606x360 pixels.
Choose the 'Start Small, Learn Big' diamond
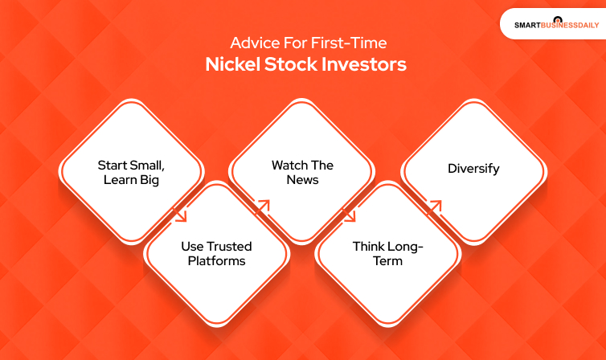click(x=130, y=171)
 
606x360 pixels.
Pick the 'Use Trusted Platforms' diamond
click(x=215, y=253)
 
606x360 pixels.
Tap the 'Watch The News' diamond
click(x=301, y=171)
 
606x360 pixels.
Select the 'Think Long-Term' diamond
click(x=387, y=253)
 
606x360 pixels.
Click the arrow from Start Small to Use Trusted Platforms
click(x=180, y=215)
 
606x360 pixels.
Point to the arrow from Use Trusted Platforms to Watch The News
click(x=264, y=207)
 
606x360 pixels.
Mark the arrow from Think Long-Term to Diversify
click(x=435, y=207)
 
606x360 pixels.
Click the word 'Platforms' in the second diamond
click(x=215, y=261)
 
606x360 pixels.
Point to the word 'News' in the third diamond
click(x=302, y=180)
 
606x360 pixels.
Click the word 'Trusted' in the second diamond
click(x=230, y=246)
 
